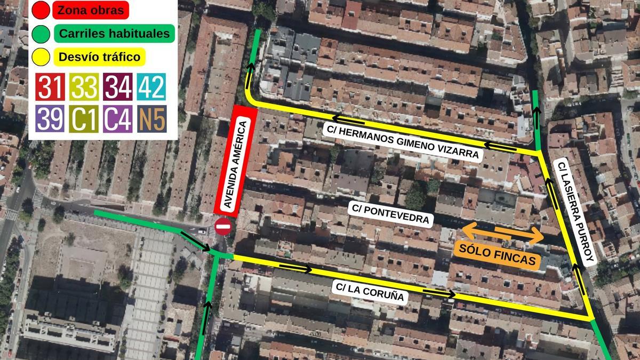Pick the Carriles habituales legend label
tap(114, 34)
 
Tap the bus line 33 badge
tap(84, 87)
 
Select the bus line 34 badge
tap(118, 87)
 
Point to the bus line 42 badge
tap(151, 87)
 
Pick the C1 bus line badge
tap(84, 118)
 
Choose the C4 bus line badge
tap(118, 118)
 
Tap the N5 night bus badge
tap(151, 118)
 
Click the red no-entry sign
tap(222, 227)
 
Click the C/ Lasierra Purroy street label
tap(575, 213)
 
